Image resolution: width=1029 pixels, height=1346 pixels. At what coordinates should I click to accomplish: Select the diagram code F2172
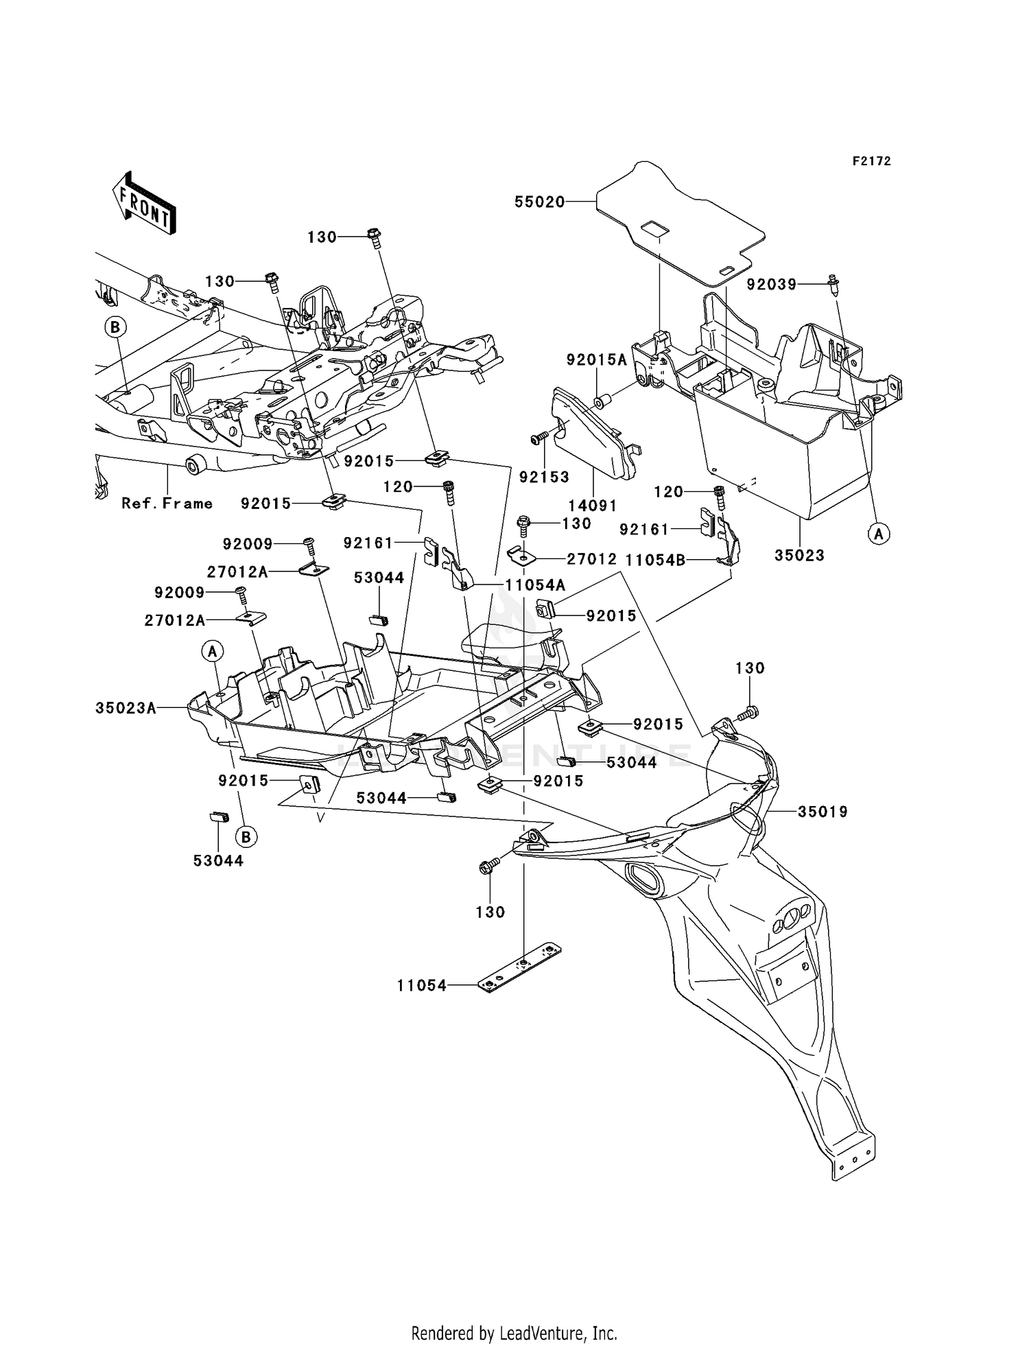pyautogui.click(x=871, y=161)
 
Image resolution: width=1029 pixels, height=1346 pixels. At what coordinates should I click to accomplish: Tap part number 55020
pyautogui.click(x=539, y=202)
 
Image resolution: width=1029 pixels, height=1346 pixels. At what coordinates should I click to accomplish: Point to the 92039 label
pyautogui.click(x=772, y=284)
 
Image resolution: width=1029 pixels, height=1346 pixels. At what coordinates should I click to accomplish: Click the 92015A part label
pyautogui.click(x=596, y=360)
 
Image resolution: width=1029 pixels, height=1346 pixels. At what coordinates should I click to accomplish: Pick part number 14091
pyautogui.click(x=592, y=506)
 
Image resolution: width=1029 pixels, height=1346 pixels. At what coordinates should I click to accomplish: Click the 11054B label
pyautogui.click(x=655, y=560)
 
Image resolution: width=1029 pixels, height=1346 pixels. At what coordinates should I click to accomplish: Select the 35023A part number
pyautogui.click(x=126, y=708)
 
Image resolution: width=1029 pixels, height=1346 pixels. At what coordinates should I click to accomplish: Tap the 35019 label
pyautogui.click(x=823, y=812)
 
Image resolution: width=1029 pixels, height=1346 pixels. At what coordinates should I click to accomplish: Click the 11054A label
pyautogui.click(x=535, y=585)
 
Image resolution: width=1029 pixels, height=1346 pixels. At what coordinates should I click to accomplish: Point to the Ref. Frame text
pyautogui.click(x=167, y=504)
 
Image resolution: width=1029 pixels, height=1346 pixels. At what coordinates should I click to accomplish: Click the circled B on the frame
pyautogui.click(x=115, y=327)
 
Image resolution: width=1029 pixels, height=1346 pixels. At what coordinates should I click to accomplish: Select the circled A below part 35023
pyautogui.click(x=878, y=532)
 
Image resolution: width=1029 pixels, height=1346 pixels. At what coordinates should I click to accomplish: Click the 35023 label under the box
pyautogui.click(x=799, y=555)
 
